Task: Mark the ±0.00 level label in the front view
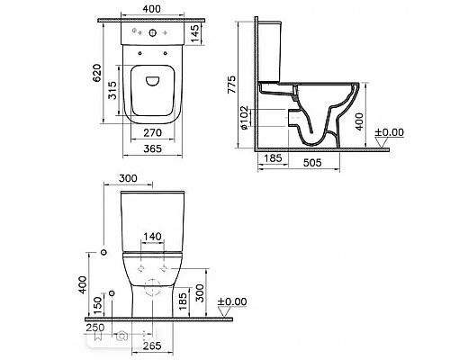coord(234,301)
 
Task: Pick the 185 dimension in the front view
coord(183,298)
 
